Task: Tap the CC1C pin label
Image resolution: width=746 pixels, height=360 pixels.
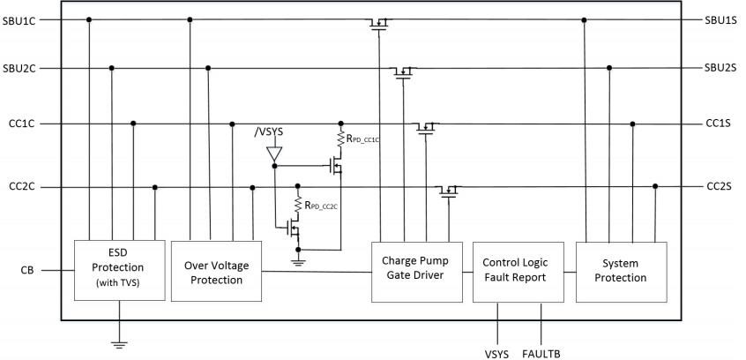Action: [x=19, y=124]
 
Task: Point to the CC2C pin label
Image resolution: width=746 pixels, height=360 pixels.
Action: [x=19, y=187]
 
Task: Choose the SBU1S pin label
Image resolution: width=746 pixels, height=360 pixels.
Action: [x=720, y=19]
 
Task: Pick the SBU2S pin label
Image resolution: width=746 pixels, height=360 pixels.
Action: [x=720, y=68]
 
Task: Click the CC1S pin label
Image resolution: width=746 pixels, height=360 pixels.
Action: [x=719, y=124]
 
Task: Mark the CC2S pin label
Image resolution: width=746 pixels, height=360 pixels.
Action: [x=719, y=187]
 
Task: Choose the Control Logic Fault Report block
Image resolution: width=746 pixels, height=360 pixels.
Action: [x=516, y=268]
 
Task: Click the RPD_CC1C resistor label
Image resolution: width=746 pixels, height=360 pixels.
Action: [x=363, y=139]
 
